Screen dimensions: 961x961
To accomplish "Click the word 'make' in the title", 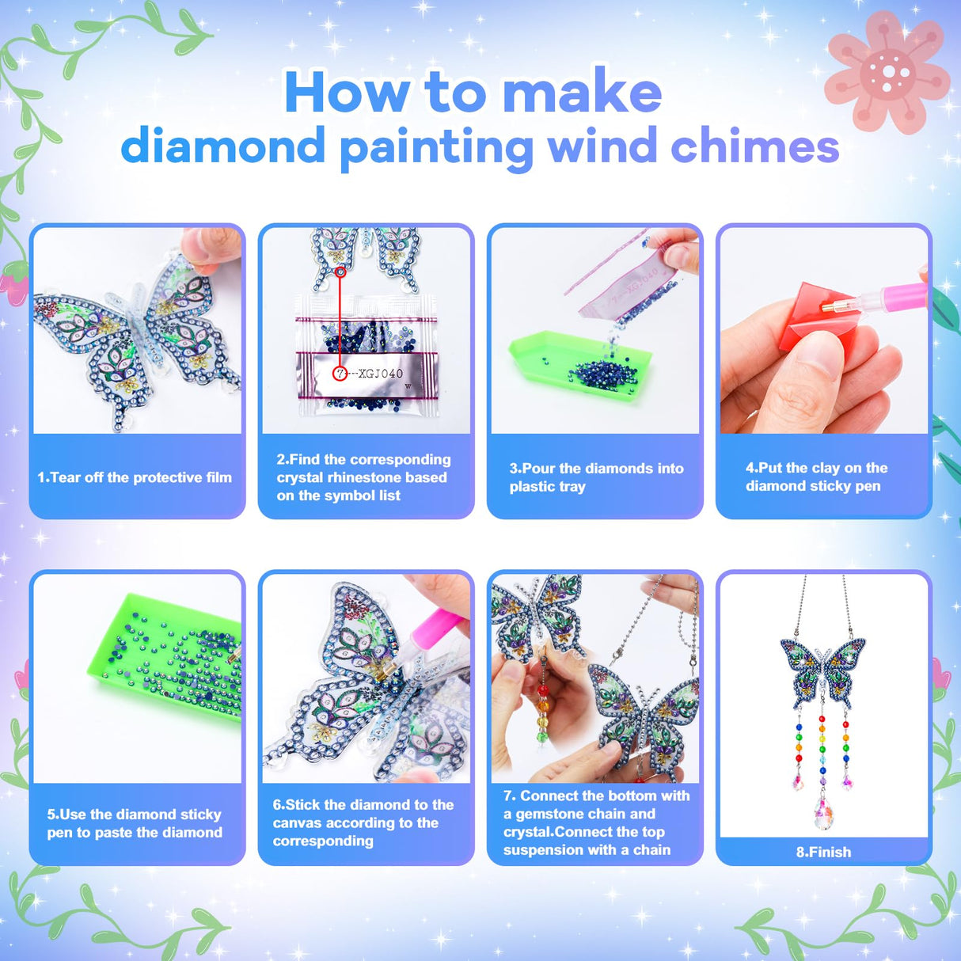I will click(x=582, y=93).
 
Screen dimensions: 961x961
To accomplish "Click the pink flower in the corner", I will click(x=887, y=73).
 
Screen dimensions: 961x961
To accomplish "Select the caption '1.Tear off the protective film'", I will click(x=135, y=477).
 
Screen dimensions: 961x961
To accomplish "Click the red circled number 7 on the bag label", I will click(x=340, y=373).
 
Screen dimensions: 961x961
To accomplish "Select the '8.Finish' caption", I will click(x=823, y=852).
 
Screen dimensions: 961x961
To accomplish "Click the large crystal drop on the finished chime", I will click(x=822, y=811).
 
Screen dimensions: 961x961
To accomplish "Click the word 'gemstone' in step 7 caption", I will click(x=553, y=814).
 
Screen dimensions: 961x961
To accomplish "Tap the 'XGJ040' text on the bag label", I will click(x=380, y=373).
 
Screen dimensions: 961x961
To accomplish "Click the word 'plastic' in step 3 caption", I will click(x=532, y=486).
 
